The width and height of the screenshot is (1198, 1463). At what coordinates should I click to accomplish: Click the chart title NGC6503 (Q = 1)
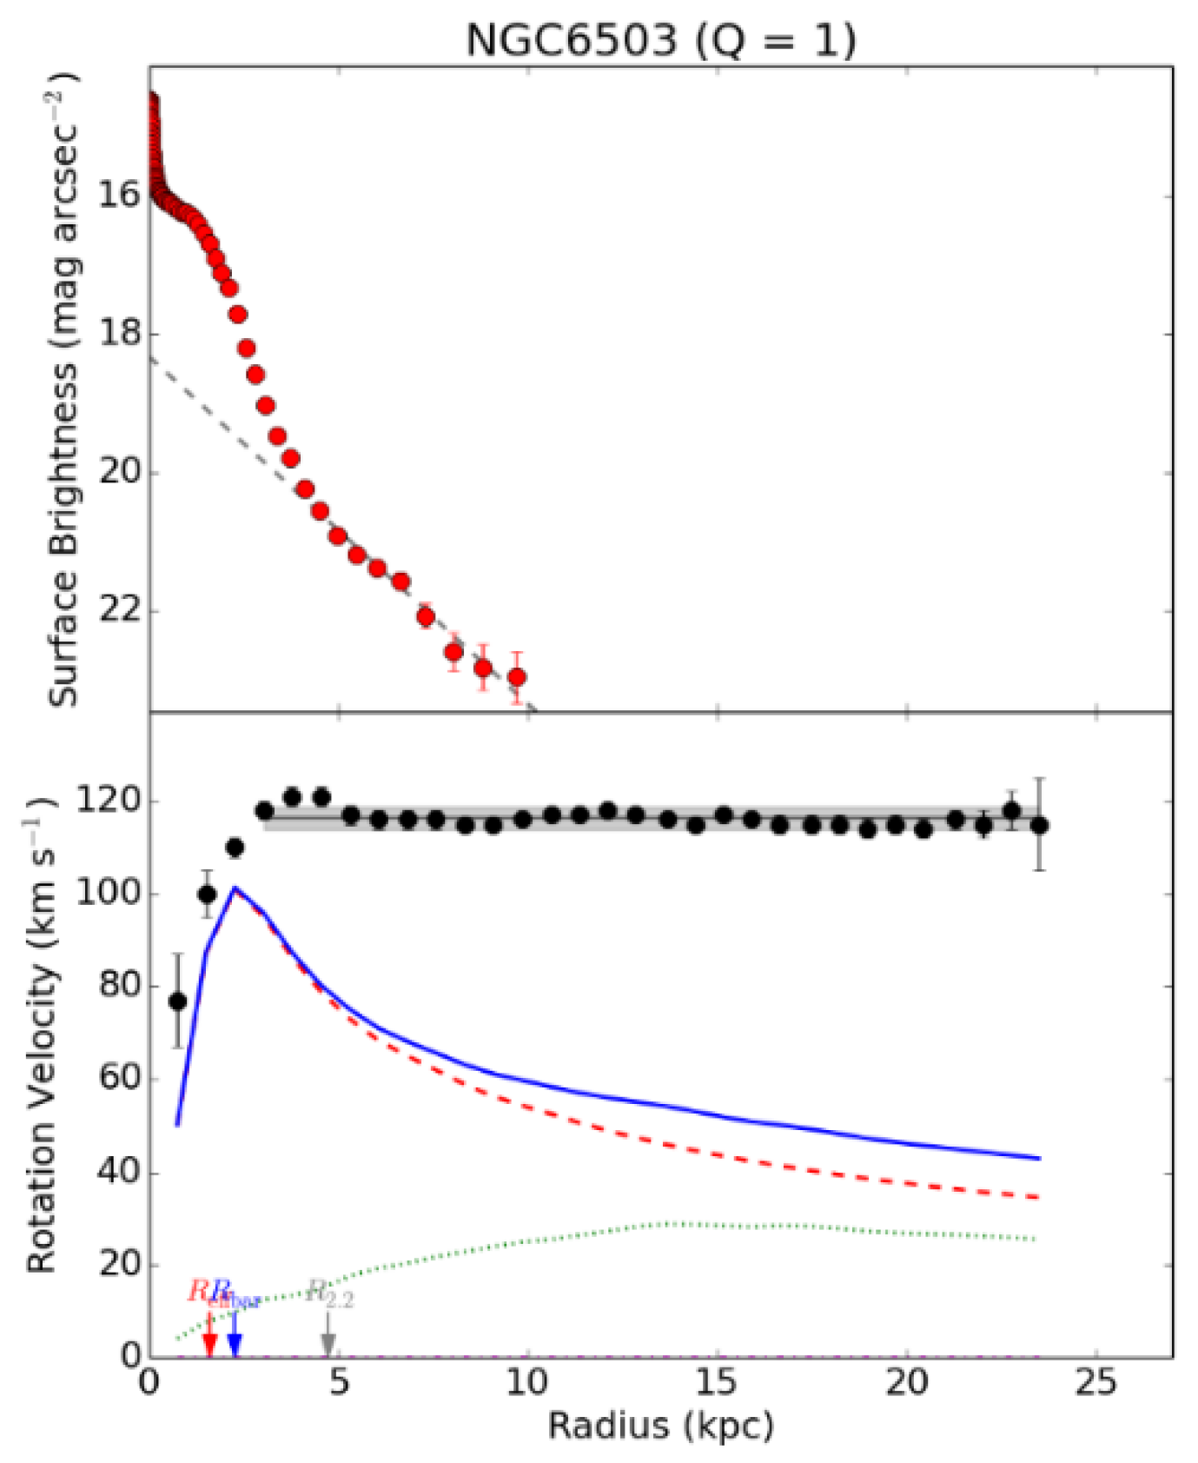[660, 40]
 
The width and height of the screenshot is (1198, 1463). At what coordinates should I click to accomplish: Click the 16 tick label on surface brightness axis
[119, 195]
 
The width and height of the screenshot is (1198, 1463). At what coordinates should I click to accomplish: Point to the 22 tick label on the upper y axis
[119, 610]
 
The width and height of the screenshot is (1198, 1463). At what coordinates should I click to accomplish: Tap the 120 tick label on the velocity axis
[108, 800]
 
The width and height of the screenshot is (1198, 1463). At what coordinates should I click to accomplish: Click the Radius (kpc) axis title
[660, 1426]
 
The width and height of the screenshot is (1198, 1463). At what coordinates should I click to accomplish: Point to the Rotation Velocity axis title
[40, 1034]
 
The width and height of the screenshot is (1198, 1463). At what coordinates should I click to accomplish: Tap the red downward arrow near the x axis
[209, 1343]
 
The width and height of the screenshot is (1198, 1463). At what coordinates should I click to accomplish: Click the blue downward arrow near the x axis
[235, 1343]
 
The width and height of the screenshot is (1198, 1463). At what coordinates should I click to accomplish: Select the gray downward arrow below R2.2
[328, 1343]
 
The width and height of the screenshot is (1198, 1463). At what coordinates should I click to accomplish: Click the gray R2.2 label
[330, 1294]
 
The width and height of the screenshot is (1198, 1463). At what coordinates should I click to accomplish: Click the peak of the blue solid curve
[235, 888]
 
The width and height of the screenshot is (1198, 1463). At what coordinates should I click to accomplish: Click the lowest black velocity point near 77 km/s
[178, 1001]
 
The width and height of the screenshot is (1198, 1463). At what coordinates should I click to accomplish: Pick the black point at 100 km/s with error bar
[207, 894]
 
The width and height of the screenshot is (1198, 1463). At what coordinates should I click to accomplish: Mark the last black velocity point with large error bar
[1039, 825]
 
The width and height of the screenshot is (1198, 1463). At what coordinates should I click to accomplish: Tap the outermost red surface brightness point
[517, 676]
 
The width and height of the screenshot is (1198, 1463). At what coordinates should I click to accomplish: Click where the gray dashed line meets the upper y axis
[152, 357]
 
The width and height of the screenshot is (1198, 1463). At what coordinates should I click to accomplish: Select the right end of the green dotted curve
[1036, 1239]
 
